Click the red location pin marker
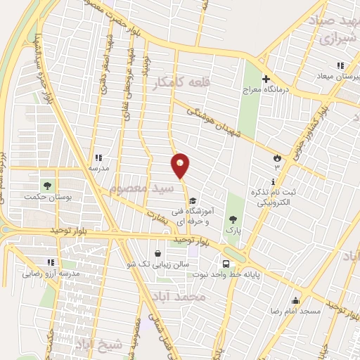click(x=180, y=165)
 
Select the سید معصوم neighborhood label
click(x=142, y=188)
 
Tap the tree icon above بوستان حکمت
click(x=48, y=185)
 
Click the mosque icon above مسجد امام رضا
click(x=296, y=300)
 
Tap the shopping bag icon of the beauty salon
click(x=157, y=253)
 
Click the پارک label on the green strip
click(x=232, y=230)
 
